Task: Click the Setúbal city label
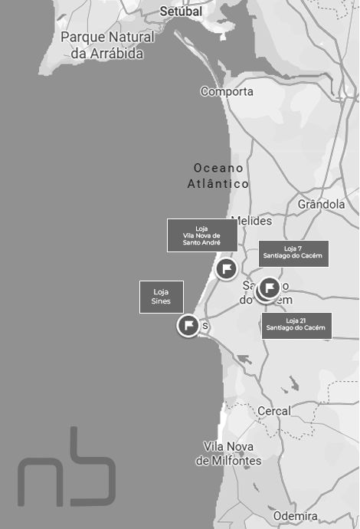click(x=181, y=11)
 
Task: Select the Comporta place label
click(x=227, y=91)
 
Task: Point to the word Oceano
click(x=218, y=168)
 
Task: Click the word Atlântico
click(x=218, y=184)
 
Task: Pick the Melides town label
click(x=251, y=221)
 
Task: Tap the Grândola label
click(x=321, y=205)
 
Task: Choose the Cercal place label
click(x=273, y=411)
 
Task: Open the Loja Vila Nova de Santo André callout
click(x=201, y=235)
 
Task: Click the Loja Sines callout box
click(x=161, y=297)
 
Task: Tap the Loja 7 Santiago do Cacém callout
click(x=293, y=253)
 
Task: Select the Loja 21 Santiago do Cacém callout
click(x=296, y=325)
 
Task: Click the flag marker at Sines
click(x=188, y=325)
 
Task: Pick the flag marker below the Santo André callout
click(x=226, y=268)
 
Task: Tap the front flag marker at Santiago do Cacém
click(x=269, y=287)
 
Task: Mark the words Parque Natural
click(x=107, y=37)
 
